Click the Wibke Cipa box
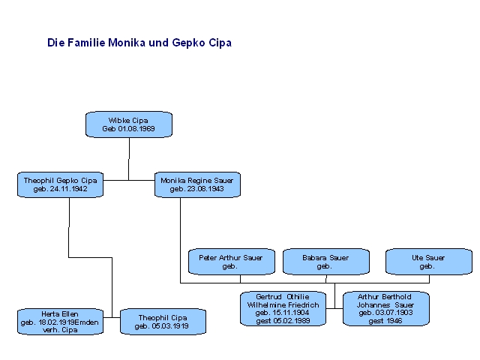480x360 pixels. [x=129, y=124]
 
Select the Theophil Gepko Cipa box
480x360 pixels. [x=60, y=184]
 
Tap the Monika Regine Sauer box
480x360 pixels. [x=197, y=184]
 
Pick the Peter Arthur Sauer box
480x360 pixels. [x=231, y=262]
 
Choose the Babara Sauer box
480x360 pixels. [x=325, y=262]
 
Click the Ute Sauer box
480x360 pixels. [x=428, y=262]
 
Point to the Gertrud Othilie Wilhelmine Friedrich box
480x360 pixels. [x=283, y=308]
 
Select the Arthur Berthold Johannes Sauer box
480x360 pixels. [x=385, y=308]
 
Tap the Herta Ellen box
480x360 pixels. [x=60, y=321]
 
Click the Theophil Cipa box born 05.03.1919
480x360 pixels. [x=163, y=321]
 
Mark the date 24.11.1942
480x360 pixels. [x=71, y=189]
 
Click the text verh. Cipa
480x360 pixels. [x=60, y=329]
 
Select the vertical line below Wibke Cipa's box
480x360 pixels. [x=129, y=158]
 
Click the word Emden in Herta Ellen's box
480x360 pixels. [x=87, y=321]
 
